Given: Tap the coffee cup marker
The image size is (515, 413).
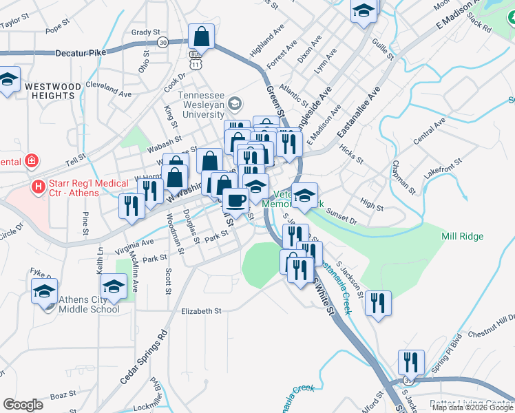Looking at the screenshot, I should (236, 200).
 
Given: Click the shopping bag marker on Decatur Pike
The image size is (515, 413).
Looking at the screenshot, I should (201, 36).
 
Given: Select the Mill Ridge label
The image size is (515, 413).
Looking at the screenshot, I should (462, 236).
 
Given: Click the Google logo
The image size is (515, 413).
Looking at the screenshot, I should (23, 404).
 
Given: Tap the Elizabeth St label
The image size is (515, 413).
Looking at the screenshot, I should (201, 311).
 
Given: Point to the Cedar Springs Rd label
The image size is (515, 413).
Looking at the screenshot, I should (154, 358).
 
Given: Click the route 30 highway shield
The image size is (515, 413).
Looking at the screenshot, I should (162, 43).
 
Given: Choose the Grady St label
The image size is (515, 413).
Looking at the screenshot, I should (145, 32).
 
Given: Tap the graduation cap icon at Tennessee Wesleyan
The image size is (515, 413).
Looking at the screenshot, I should (236, 104).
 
